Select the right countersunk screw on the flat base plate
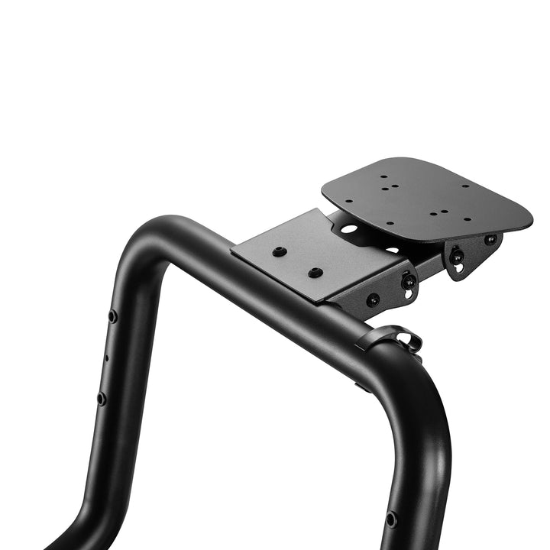click(315, 273)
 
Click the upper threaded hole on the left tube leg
click(113, 315)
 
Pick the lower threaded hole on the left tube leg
click(101, 398)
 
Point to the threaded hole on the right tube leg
click(391, 519)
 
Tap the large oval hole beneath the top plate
click(349, 228)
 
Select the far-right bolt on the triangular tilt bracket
click(490, 239)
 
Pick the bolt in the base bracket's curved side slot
click(409, 281)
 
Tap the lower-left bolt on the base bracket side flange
click(373, 300)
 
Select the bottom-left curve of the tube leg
click(84, 519)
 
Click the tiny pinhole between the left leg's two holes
click(106, 357)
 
